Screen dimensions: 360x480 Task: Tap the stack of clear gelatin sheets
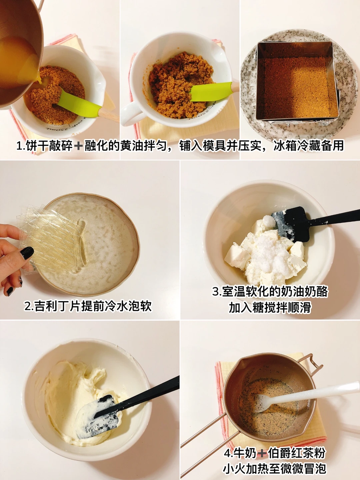(x=52, y=238)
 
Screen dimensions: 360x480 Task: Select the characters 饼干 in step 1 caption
(x=37, y=145)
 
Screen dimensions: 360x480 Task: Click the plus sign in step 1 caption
(x=78, y=146)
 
